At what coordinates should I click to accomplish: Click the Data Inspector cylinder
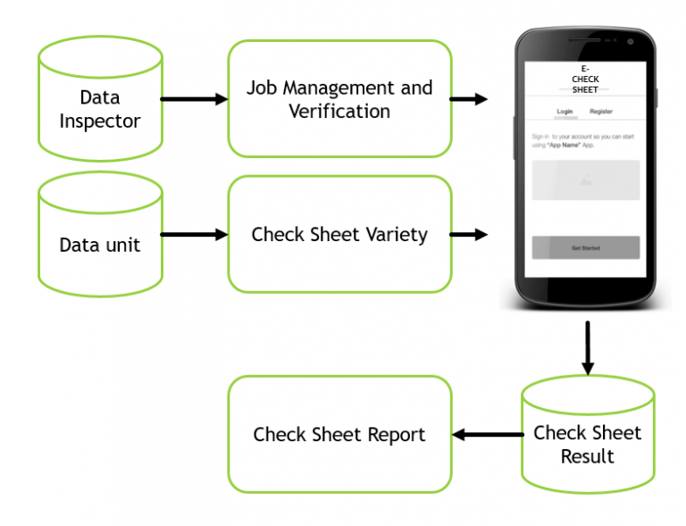click(x=100, y=107)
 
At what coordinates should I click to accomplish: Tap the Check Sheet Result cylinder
click(x=587, y=443)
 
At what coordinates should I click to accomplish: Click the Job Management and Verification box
click(x=339, y=99)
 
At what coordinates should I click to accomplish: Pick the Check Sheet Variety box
click(x=339, y=235)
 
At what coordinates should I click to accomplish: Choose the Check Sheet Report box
click(x=339, y=435)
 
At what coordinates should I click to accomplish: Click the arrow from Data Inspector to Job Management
click(x=194, y=99)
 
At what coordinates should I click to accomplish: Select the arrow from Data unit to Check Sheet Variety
click(x=194, y=235)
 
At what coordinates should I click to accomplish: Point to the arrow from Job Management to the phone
click(x=468, y=99)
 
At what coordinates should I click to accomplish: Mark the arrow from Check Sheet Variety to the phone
click(x=468, y=235)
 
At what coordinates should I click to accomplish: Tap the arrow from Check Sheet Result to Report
click(x=487, y=435)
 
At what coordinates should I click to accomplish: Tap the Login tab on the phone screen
click(x=565, y=112)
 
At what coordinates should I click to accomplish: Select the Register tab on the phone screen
click(x=601, y=112)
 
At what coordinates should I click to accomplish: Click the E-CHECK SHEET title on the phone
click(x=585, y=79)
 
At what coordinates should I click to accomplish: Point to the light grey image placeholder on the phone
click(x=585, y=180)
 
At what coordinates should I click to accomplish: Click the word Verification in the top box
click(x=339, y=112)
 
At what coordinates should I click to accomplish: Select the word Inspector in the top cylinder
click(x=100, y=120)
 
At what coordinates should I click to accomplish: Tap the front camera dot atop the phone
click(x=630, y=41)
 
